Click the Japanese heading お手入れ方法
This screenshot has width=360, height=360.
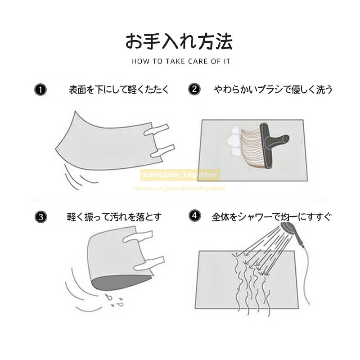(179, 41)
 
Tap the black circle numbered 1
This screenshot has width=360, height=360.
(40, 90)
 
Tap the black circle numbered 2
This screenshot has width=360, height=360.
(194, 89)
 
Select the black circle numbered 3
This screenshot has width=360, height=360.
(41, 217)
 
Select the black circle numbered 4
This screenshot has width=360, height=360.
(195, 216)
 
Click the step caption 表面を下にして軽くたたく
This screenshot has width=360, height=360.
(119, 89)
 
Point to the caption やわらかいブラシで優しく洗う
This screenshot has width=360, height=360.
(273, 89)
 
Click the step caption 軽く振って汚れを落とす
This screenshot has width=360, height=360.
(114, 217)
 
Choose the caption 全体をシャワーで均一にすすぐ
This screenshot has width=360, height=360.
(272, 217)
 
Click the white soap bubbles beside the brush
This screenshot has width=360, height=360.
(234, 140)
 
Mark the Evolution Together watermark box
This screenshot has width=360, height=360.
(180, 175)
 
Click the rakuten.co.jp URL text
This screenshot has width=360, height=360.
(180, 189)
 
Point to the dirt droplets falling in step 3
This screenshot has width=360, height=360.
(114, 300)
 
